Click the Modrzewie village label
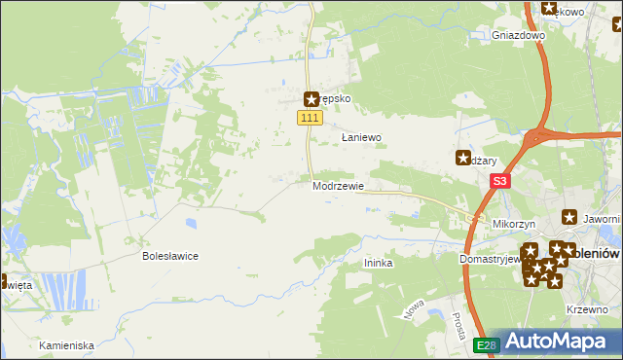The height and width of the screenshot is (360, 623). click(338, 186)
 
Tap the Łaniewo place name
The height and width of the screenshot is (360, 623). click(360, 138)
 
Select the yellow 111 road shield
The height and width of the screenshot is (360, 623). click(309, 118)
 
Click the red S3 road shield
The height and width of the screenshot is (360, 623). click(500, 181)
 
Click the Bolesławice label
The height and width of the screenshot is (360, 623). click(170, 256)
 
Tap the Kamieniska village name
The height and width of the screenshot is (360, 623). click(66, 345)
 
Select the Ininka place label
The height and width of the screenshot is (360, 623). click(378, 263)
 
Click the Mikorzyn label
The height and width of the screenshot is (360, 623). click(515, 224)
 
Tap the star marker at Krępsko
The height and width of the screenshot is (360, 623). click(311, 98)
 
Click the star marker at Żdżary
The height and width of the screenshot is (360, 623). click(463, 157)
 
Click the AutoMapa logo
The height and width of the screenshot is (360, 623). click(556, 342)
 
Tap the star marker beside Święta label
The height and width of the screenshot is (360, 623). click(3, 283)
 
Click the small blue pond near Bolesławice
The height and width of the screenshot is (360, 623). click(191, 222)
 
